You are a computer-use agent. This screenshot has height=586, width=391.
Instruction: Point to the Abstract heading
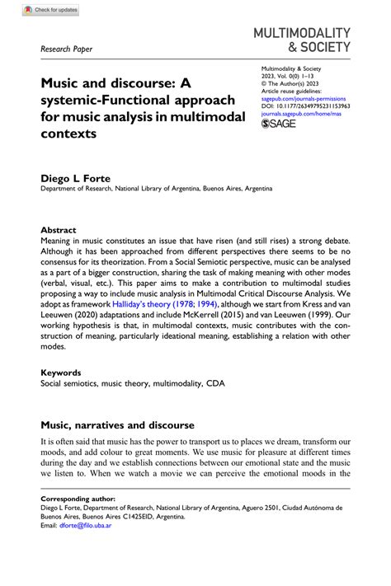point(59,230)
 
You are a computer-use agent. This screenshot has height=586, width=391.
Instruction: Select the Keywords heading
point(61,372)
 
